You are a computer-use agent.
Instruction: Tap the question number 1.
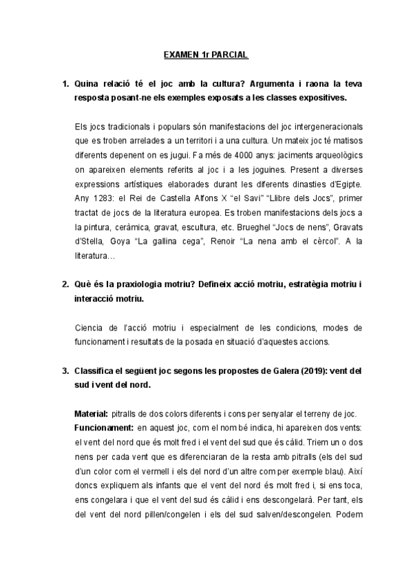point(64,84)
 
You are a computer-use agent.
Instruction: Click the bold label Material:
point(90,413)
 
